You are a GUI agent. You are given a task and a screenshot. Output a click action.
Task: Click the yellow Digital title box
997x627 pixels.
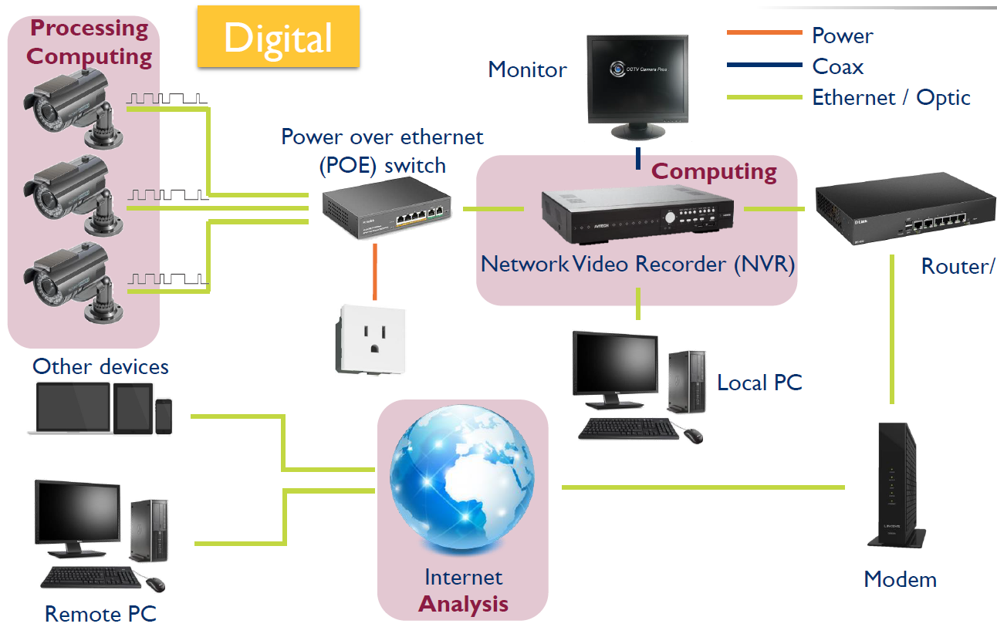point(278,36)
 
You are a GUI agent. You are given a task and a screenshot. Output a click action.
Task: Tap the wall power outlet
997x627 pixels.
point(370,339)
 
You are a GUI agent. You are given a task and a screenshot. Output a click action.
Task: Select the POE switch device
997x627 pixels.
point(387,207)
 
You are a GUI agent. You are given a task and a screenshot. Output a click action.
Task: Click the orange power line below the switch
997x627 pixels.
point(375,271)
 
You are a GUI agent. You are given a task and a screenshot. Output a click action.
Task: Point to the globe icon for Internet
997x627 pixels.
point(462,478)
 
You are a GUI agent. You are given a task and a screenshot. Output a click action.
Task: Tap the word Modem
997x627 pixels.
point(900,579)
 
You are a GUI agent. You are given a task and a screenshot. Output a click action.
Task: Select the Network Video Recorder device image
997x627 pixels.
point(637,215)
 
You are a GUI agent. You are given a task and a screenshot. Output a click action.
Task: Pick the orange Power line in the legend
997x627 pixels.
point(764,32)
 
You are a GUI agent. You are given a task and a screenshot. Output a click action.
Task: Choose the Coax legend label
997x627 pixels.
point(838,66)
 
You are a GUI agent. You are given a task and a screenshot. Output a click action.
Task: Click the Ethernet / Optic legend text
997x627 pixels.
point(891,98)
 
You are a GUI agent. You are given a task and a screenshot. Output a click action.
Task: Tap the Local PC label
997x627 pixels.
point(759,383)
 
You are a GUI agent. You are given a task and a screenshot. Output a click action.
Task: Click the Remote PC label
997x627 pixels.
point(100,614)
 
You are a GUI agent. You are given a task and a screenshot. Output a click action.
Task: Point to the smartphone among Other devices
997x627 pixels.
point(164,416)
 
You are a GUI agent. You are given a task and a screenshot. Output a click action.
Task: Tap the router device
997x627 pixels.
point(906,208)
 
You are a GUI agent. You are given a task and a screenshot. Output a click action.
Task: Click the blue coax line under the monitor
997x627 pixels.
point(638,158)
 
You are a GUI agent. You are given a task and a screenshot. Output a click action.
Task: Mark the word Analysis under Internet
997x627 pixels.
point(463,604)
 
